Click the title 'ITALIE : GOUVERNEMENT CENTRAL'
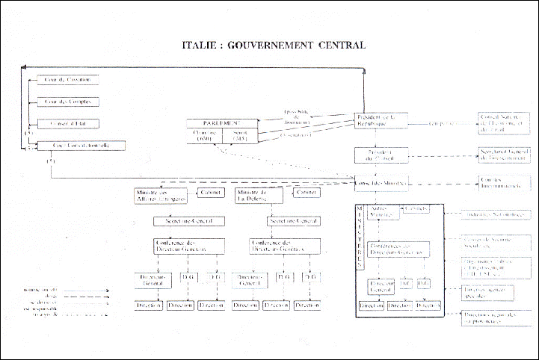click(274, 45)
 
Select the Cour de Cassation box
click(69, 79)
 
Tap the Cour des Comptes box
click(69, 101)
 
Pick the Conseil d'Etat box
click(69, 123)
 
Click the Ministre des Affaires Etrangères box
click(155, 195)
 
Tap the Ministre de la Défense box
click(259, 195)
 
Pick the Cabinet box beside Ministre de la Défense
click(304, 192)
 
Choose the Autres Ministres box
click(382, 212)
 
